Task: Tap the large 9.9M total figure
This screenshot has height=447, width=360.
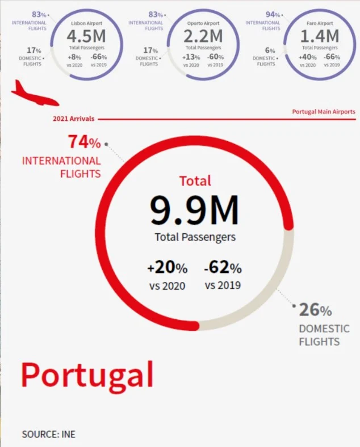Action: pos(195,210)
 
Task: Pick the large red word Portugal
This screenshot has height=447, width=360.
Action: pos(87,375)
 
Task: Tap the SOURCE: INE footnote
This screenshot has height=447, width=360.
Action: pos(48,435)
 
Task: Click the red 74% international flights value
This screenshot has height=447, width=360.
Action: pos(84,141)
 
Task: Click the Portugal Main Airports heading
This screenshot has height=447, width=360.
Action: pos(324,112)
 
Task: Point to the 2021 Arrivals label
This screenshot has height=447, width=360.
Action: pos(73,119)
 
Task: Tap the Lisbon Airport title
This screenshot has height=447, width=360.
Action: pos(86,24)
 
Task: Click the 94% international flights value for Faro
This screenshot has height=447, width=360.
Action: pos(273,14)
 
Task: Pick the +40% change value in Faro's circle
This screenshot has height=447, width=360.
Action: pos(308,57)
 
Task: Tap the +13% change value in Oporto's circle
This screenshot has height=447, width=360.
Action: pos(192,57)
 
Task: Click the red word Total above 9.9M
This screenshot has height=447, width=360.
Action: pos(195,181)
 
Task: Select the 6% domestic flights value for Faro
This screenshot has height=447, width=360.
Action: pos(270,50)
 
